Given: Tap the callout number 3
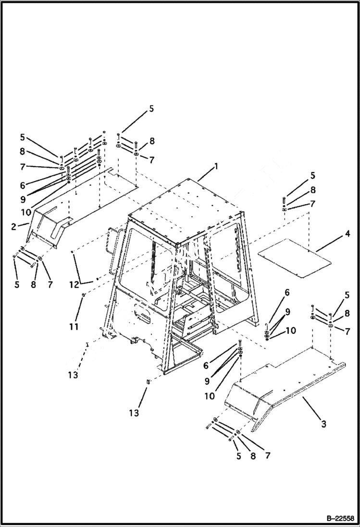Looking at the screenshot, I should click(323, 424).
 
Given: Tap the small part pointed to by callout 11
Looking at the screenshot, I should click(83, 294).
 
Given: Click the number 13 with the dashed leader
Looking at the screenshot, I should click(72, 375).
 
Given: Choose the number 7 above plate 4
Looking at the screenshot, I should click(312, 204).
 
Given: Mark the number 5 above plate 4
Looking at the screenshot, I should click(312, 175).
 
